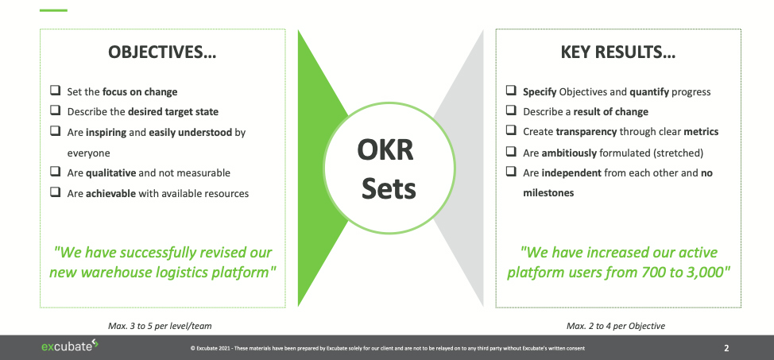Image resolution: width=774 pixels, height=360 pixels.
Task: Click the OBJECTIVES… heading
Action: pos(163,53)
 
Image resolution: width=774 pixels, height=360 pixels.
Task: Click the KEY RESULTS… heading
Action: pos(618,53)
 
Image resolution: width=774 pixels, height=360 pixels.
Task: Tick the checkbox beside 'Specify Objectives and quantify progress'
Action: pos(512,91)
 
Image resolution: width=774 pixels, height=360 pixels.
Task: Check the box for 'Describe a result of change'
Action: pos(512,111)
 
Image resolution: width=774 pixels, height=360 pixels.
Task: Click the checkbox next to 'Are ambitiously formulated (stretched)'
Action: pos(512,152)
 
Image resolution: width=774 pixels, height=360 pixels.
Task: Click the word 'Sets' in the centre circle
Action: pos(389,189)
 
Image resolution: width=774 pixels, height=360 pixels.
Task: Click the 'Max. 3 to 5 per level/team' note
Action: pos(160,326)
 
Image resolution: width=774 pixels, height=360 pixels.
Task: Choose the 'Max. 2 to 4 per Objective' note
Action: pos(616,326)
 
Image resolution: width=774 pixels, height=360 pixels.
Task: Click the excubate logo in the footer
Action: pos(69,346)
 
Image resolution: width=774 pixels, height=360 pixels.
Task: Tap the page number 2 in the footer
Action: pos(726,347)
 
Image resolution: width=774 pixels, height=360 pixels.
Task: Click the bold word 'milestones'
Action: pos(548,192)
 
